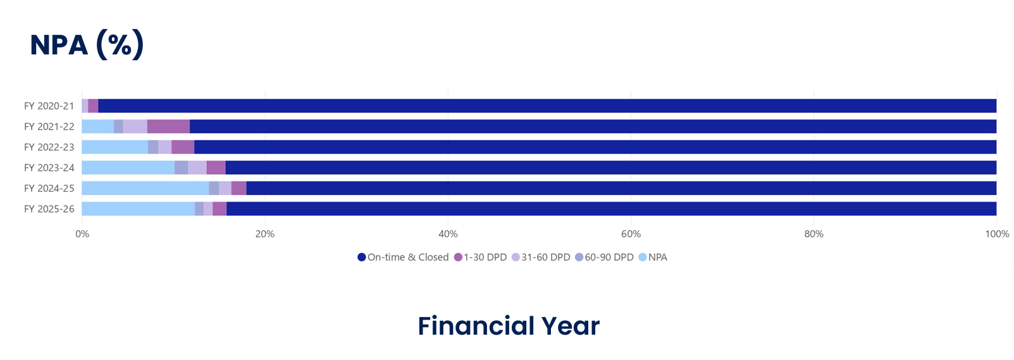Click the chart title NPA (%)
(87, 45)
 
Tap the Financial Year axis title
(509, 326)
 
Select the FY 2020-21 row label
(49, 106)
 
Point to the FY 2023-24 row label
(49, 168)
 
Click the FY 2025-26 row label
(49, 209)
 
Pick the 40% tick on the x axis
(448, 234)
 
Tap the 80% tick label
(813, 234)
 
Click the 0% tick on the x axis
(82, 234)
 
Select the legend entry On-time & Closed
(403, 258)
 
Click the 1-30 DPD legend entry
(480, 258)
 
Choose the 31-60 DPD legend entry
(541, 258)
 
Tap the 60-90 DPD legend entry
(604, 258)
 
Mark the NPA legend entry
(653, 258)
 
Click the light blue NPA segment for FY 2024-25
(145, 189)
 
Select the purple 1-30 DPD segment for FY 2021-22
(168, 127)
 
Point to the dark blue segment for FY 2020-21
(547, 106)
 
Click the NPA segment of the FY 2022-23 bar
(115, 147)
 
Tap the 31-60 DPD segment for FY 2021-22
(135, 127)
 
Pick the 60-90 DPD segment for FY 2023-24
(182, 168)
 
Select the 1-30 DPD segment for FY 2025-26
(219, 209)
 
